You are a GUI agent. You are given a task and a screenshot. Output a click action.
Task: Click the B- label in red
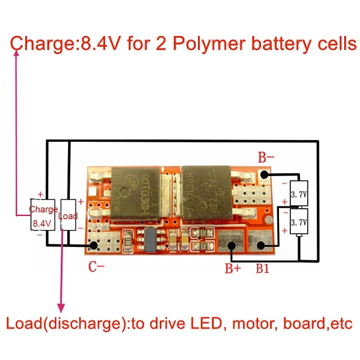(266, 158)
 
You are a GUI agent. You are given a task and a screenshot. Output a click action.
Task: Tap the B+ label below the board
(233, 269)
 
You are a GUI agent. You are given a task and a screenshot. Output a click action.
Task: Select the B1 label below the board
(263, 269)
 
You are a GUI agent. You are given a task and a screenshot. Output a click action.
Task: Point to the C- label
(97, 267)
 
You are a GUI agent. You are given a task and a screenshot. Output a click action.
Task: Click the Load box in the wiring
(68, 215)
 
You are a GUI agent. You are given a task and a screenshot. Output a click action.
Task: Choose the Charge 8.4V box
(43, 215)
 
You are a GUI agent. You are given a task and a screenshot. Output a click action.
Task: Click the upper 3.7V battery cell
(298, 194)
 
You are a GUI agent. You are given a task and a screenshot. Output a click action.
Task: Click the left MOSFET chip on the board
(134, 194)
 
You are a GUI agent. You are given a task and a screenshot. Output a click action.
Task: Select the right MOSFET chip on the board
(205, 194)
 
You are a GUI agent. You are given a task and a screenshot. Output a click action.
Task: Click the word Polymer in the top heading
(206, 43)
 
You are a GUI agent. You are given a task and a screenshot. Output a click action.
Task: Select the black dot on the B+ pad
(231, 245)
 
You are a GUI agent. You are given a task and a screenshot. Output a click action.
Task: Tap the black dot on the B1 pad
(260, 245)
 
